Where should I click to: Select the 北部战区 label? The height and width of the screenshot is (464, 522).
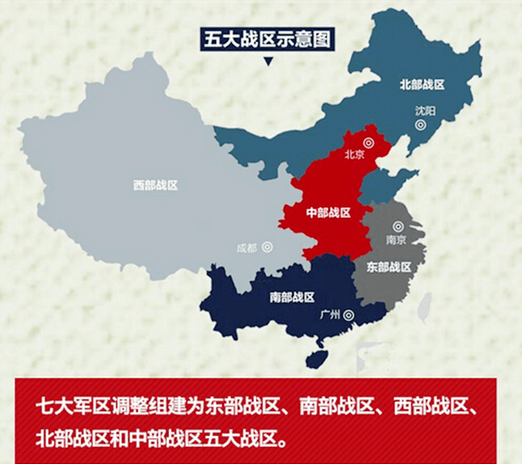pos(422,84)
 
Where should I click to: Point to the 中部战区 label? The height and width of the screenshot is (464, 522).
pos(328,213)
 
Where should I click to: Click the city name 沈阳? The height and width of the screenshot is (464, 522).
pos(425,110)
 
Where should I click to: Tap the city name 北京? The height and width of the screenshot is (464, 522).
pos(353,155)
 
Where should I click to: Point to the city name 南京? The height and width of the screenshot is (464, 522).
pos(396,240)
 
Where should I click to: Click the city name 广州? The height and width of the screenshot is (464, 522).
pos(330,316)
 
